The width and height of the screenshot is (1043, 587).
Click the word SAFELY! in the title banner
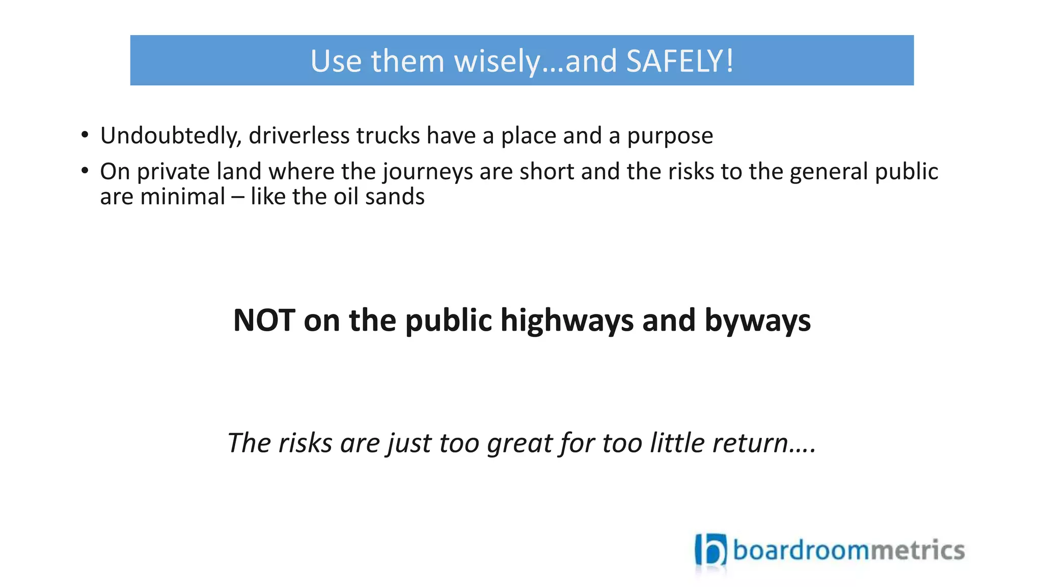click(680, 61)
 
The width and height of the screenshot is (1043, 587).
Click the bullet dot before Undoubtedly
click(85, 135)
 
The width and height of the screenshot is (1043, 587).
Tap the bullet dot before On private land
click(85, 171)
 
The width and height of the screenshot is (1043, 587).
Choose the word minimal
click(182, 197)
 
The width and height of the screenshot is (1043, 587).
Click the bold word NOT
click(264, 321)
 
